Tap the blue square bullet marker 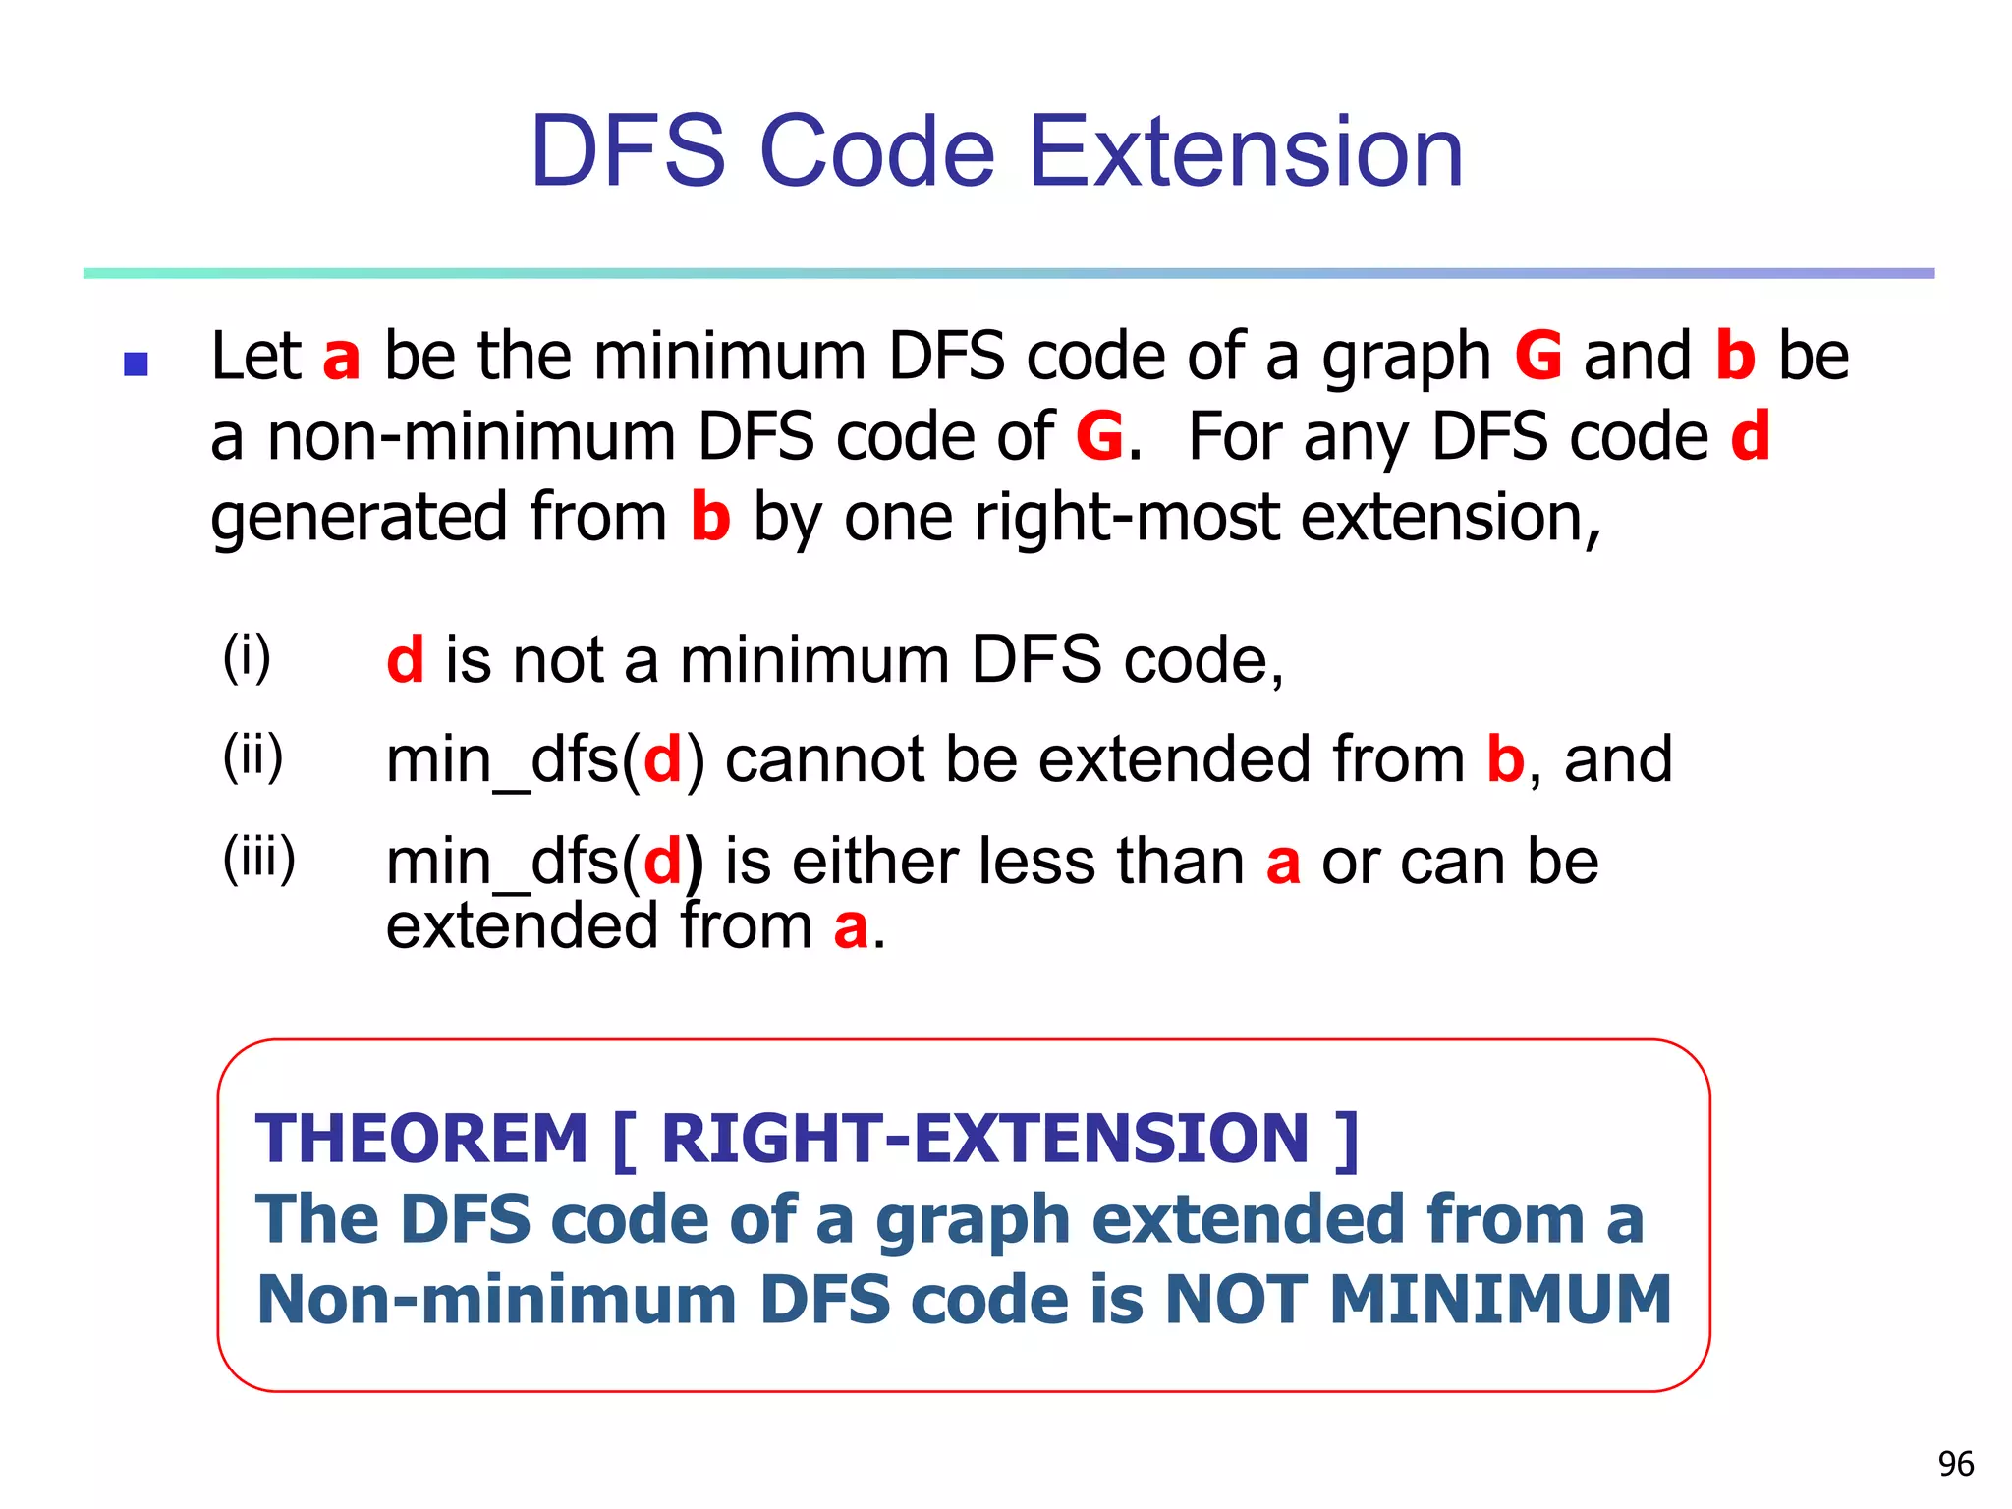click(x=136, y=364)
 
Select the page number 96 click(x=1955, y=1464)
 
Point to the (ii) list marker click(x=252, y=756)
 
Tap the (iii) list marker click(x=258, y=858)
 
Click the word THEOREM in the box click(x=421, y=1140)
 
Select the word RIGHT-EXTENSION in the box click(x=984, y=1140)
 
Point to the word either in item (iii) click(x=874, y=862)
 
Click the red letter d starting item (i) click(x=405, y=659)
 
